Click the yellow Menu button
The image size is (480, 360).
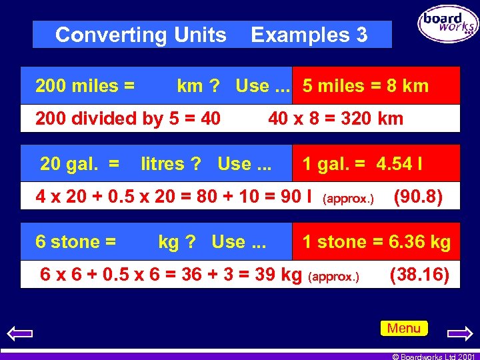point(404,328)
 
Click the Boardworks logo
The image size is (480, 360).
point(447,23)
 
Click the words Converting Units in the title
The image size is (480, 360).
point(141,35)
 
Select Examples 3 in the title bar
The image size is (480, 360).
point(309,35)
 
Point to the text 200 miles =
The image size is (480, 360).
point(85,86)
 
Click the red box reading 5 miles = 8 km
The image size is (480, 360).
point(376,86)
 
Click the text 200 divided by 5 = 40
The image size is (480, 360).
point(128,119)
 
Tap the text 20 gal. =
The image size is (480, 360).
point(80,163)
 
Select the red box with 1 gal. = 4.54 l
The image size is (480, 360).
point(376,163)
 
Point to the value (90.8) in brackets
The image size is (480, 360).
point(418,197)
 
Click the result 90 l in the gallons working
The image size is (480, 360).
point(297,197)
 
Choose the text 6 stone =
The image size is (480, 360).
point(76,241)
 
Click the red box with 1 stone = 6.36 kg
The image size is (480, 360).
point(376,241)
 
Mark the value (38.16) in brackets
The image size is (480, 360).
point(419,274)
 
